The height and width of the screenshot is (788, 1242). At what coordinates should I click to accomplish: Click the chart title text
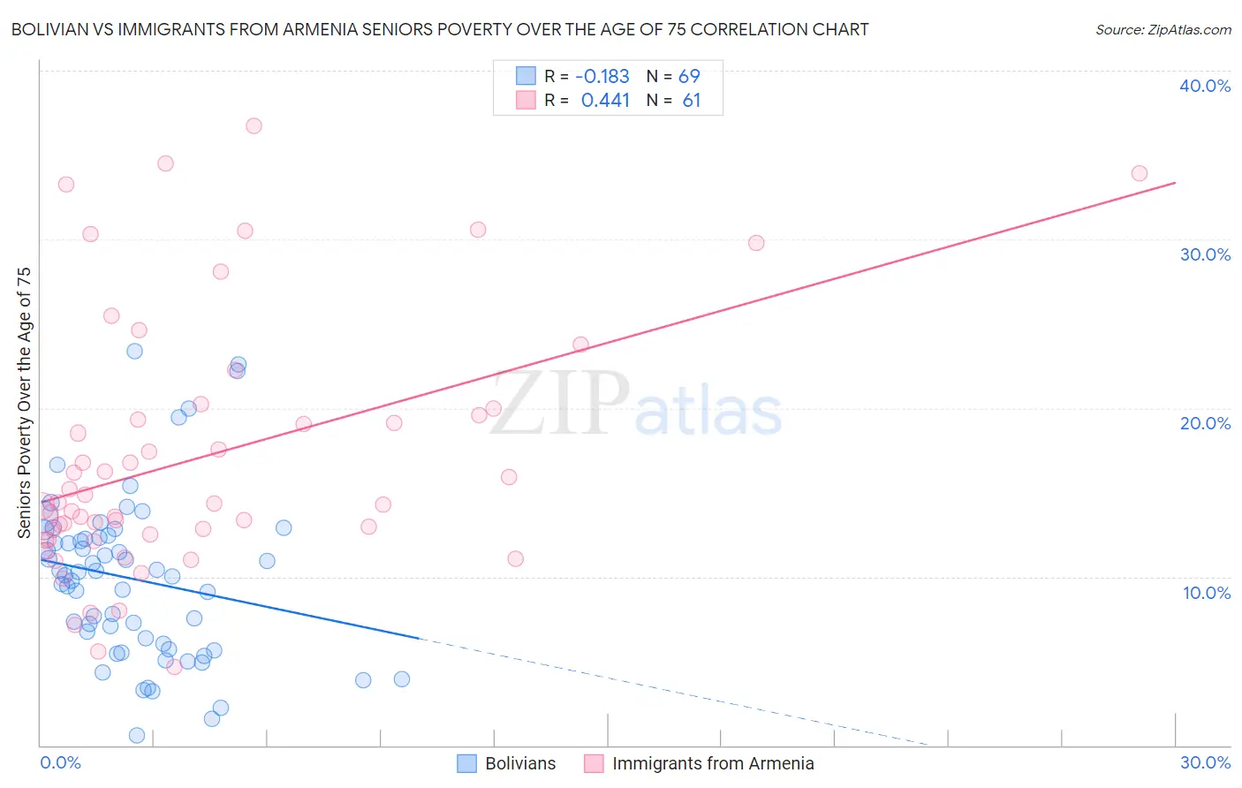(x=439, y=29)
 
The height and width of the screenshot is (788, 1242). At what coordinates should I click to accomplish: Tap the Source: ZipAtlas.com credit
(x=1162, y=29)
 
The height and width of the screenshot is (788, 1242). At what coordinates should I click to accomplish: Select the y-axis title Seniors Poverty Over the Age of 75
(x=24, y=402)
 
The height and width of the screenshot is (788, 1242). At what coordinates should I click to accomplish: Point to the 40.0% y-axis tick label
(x=1205, y=86)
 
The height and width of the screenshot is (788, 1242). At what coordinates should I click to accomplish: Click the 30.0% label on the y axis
(x=1205, y=254)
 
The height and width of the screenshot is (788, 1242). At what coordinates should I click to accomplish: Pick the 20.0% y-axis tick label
(x=1205, y=423)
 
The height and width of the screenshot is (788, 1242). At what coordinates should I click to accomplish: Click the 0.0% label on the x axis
(x=60, y=762)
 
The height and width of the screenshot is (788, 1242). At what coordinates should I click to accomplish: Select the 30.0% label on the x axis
(x=1205, y=762)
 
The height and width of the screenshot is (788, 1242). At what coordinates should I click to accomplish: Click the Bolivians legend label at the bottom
(x=520, y=763)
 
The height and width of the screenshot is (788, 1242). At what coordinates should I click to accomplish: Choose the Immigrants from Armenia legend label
(x=713, y=763)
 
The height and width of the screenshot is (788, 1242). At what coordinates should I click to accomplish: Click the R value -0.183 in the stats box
(x=602, y=77)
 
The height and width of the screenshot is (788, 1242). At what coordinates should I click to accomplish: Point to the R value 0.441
(x=605, y=101)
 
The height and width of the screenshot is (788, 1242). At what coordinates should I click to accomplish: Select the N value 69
(x=689, y=77)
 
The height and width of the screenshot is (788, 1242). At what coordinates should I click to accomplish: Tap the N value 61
(x=691, y=101)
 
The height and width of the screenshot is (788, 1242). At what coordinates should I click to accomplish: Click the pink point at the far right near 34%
(x=1140, y=173)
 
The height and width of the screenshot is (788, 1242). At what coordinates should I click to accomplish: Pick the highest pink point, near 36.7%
(x=254, y=125)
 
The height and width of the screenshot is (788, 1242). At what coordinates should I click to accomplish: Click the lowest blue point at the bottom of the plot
(x=137, y=735)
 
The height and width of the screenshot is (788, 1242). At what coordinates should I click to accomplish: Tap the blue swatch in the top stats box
(x=526, y=76)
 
